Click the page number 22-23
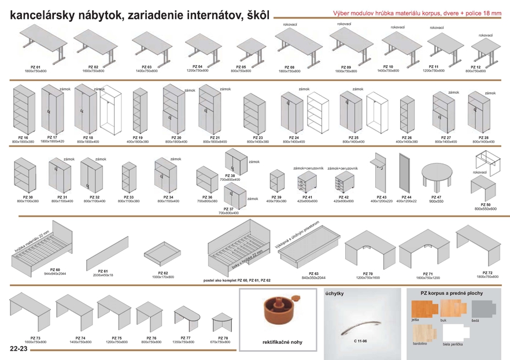[18, 350]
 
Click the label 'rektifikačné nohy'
[282, 342]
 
